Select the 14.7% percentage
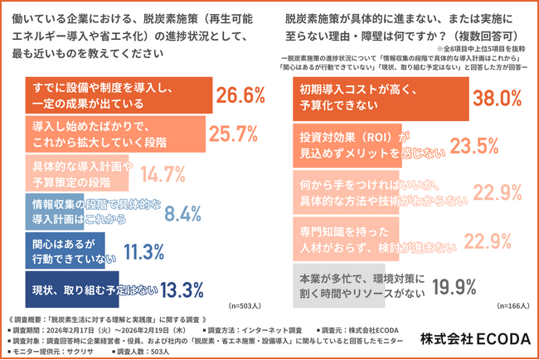click(164, 173)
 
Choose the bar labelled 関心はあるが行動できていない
click(58, 251)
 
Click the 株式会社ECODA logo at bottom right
click(468, 340)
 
